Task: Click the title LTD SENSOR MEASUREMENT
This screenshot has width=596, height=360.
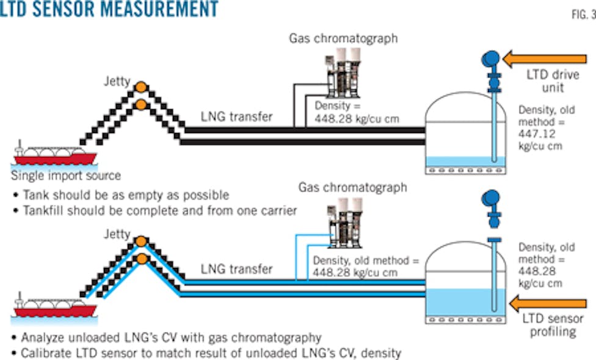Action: (110, 9)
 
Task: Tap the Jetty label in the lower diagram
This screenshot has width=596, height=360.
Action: (117, 234)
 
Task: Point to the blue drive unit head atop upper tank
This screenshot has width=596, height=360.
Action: (490, 59)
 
